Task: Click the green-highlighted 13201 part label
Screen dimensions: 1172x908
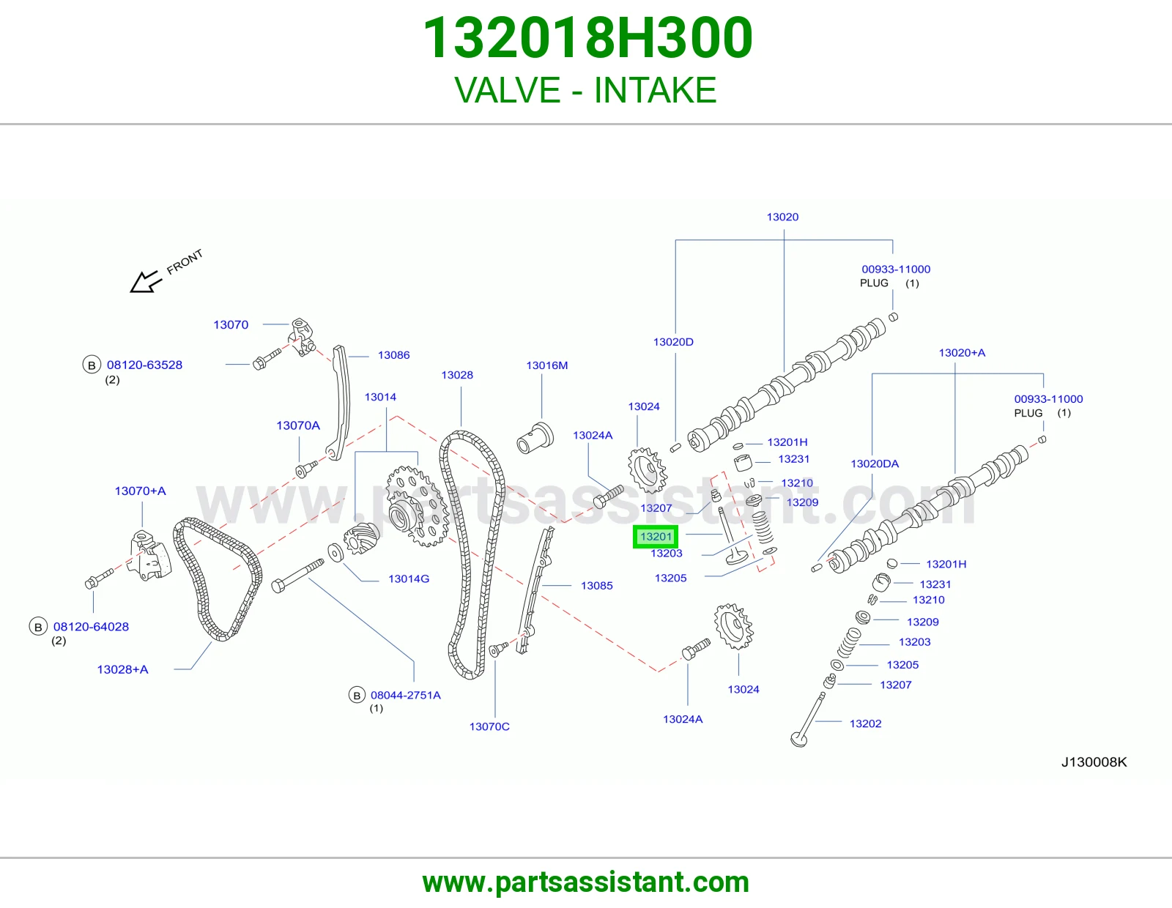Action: coord(656,537)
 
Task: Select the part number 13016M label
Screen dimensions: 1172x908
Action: coord(547,365)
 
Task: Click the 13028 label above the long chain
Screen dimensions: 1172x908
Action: coord(457,375)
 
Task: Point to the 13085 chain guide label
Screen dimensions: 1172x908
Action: coord(596,586)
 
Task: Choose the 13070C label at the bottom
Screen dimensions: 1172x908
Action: coord(489,727)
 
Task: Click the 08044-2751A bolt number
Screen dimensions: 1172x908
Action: coord(406,696)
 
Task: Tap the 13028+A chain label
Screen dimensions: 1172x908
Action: coord(122,670)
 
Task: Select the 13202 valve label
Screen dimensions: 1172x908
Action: coord(865,723)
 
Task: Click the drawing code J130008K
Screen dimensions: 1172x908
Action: coord(1094,762)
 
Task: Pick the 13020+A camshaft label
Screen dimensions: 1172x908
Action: coord(962,353)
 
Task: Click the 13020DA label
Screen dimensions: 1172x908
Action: coord(875,464)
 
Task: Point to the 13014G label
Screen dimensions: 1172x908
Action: coord(409,579)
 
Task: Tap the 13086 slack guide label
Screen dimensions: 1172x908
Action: coord(394,355)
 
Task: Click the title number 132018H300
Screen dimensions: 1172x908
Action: coord(587,37)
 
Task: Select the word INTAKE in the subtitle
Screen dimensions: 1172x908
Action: coord(655,90)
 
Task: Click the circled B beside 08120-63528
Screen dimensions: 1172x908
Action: coord(92,365)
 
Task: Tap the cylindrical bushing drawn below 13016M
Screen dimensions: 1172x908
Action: coord(535,438)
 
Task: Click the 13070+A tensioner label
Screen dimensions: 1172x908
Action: coord(140,491)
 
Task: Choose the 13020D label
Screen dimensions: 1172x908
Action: coord(673,342)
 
